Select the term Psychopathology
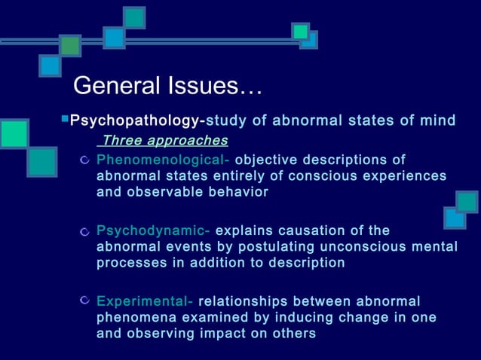[135, 121]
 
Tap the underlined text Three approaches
[164, 141]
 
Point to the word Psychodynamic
[156, 230]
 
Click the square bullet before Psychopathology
[64, 119]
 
